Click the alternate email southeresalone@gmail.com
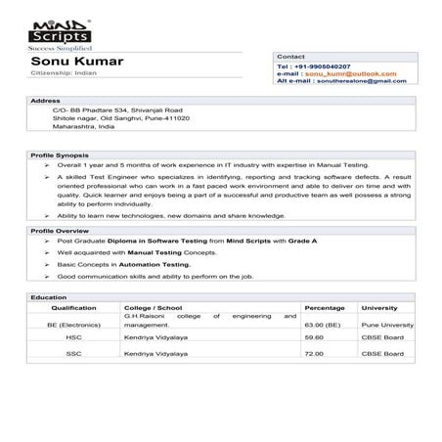click(x=363, y=81)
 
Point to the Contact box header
click(x=292, y=57)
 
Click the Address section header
click(x=46, y=101)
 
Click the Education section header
click(x=49, y=296)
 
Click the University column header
click(x=379, y=307)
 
